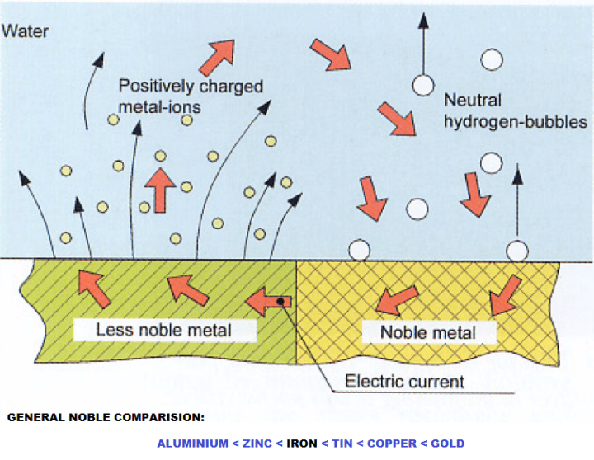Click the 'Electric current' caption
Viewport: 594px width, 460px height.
(x=404, y=382)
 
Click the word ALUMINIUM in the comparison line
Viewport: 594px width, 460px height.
(x=192, y=444)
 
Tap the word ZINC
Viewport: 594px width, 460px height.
(x=257, y=444)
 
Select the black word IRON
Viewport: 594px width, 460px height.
(x=302, y=444)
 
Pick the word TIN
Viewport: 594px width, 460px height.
(x=342, y=444)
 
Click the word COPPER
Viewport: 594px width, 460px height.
(x=393, y=444)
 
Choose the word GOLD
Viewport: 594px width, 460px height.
(x=448, y=444)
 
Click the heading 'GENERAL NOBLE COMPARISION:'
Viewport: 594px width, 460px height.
(x=106, y=418)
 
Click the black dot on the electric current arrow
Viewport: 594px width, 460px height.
(x=281, y=303)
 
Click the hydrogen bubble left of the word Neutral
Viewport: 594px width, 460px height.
(x=423, y=84)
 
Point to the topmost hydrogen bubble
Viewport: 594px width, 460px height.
(x=493, y=59)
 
